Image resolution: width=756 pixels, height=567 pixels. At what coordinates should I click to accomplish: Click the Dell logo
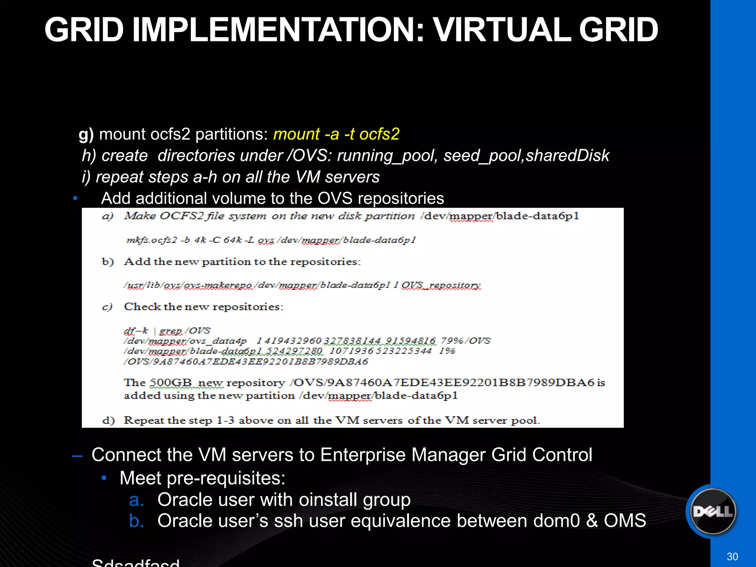pyautogui.click(x=712, y=512)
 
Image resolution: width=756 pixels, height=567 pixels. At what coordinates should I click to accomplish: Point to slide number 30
pyautogui.click(x=732, y=557)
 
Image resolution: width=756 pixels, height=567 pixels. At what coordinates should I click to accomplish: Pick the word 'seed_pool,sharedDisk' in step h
pyautogui.click(x=526, y=156)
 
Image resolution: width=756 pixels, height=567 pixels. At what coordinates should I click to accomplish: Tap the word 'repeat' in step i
pyautogui.click(x=119, y=177)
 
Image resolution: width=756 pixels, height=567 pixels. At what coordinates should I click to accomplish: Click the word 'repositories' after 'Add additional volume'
pyautogui.click(x=401, y=199)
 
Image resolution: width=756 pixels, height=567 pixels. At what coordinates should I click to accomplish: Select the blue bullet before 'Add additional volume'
pyautogui.click(x=75, y=198)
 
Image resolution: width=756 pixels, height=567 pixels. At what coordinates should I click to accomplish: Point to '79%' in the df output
pyautogui.click(x=451, y=341)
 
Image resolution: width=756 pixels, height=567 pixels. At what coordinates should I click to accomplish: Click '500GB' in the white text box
pyautogui.click(x=171, y=383)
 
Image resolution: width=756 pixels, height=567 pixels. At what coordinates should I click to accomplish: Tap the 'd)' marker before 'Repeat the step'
pyautogui.click(x=109, y=420)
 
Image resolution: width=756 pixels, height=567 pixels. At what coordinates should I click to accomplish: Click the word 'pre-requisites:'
pyautogui.click(x=226, y=478)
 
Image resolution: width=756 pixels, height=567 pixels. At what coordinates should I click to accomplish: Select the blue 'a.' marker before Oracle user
pyautogui.click(x=136, y=500)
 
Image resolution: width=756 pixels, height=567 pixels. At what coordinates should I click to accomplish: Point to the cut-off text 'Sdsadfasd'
pyautogui.click(x=135, y=563)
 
